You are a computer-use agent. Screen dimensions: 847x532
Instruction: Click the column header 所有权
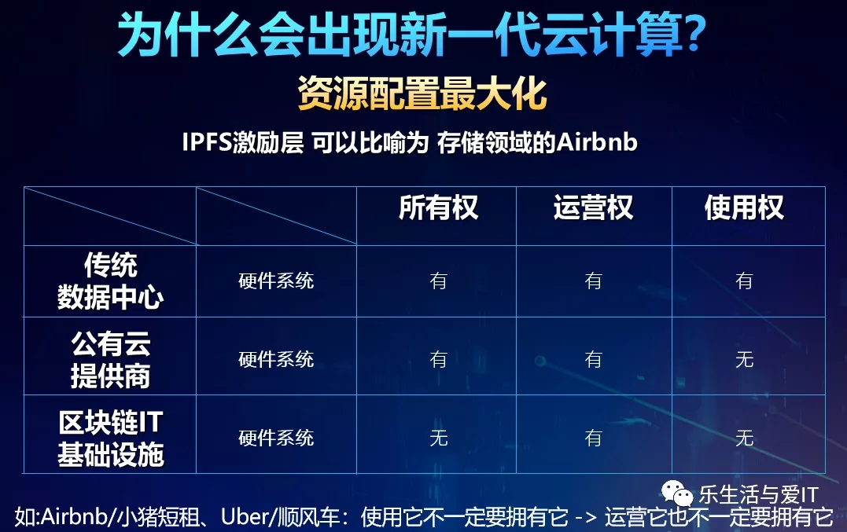pyautogui.click(x=438, y=208)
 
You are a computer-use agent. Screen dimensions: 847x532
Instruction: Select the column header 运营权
pyautogui.click(x=593, y=208)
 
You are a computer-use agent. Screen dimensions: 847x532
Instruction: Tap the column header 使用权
pyautogui.click(x=744, y=208)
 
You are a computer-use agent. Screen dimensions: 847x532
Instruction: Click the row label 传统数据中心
pyautogui.click(x=110, y=281)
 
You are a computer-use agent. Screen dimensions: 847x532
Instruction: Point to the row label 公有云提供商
pyautogui.click(x=110, y=360)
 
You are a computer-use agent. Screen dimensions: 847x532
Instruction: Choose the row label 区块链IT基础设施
pyautogui.click(x=110, y=438)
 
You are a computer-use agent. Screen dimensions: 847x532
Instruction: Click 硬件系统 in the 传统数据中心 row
pyautogui.click(x=276, y=281)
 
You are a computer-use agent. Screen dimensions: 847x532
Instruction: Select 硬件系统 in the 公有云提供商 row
pyautogui.click(x=276, y=360)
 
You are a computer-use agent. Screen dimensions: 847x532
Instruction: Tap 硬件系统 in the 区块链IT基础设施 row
pyautogui.click(x=276, y=438)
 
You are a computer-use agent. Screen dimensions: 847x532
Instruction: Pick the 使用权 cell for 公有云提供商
pyautogui.click(x=744, y=360)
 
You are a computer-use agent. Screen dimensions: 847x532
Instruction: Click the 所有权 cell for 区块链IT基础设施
pyautogui.click(x=439, y=438)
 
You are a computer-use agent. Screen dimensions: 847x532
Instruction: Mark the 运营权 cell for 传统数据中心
pyautogui.click(x=593, y=281)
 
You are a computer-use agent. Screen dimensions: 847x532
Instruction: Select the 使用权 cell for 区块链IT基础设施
pyautogui.click(x=744, y=438)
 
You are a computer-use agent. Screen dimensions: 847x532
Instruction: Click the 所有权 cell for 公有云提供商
pyautogui.click(x=439, y=360)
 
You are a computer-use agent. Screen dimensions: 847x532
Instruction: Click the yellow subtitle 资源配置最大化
pyautogui.click(x=422, y=94)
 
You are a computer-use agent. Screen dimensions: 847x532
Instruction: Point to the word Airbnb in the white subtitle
pyautogui.click(x=597, y=143)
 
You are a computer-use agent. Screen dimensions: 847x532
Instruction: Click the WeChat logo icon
pyautogui.click(x=677, y=493)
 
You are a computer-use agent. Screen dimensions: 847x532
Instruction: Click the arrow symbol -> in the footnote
pyautogui.click(x=586, y=518)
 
